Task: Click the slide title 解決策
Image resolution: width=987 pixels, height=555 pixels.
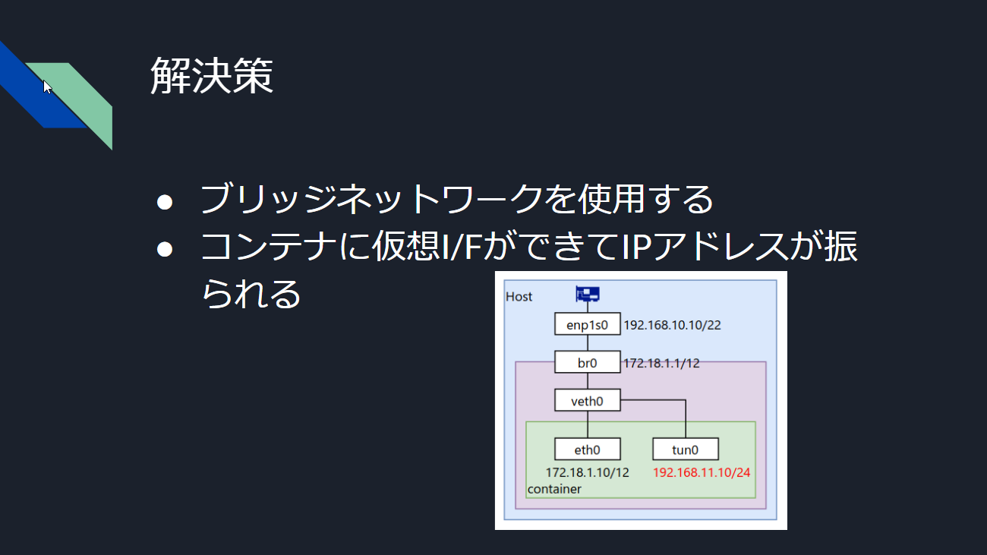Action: click(212, 76)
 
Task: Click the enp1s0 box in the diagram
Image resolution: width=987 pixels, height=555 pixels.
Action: click(588, 323)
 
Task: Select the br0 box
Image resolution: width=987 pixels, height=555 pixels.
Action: click(588, 362)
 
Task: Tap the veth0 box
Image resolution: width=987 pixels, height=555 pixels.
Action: click(588, 400)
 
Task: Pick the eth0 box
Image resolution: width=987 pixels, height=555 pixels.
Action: click(588, 449)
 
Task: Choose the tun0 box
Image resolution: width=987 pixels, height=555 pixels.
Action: click(685, 449)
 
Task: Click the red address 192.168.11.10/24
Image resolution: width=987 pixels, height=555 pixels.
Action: click(702, 473)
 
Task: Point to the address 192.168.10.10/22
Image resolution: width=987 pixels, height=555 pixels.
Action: click(673, 325)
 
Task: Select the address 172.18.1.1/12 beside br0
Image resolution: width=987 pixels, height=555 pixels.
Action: click(661, 363)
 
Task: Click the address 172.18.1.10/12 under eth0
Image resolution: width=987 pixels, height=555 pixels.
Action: click(588, 473)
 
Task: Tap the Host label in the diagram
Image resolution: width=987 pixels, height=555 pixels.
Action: click(519, 296)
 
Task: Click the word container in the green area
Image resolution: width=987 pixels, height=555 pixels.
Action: click(554, 489)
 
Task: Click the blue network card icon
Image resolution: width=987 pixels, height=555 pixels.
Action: click(588, 294)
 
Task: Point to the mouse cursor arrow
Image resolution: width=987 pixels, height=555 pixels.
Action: click(47, 87)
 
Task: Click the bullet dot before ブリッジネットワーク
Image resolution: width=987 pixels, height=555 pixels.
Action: click(165, 202)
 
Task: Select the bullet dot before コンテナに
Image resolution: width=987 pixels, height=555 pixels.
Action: click(165, 249)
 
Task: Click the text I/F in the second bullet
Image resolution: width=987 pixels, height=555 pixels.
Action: click(462, 247)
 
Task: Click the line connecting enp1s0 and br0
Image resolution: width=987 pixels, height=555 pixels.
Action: click(588, 342)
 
